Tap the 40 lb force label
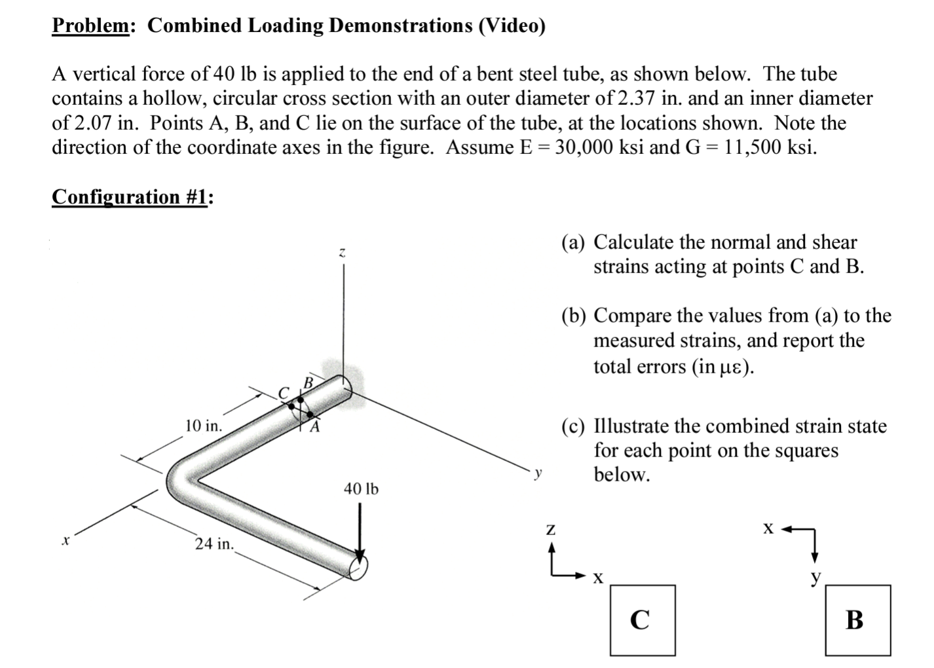point(360,489)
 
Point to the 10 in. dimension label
point(203,426)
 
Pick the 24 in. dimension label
point(214,544)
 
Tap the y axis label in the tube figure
point(538,473)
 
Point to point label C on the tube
point(284,393)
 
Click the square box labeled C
point(642,620)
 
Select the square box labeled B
point(857,620)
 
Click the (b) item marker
point(574,316)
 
